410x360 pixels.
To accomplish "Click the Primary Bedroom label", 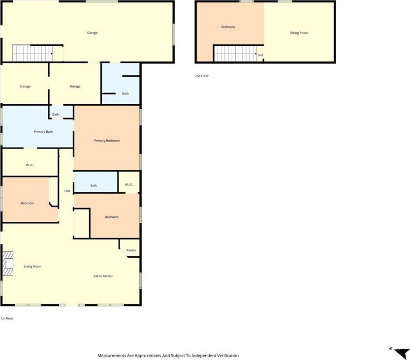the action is coord(107,141).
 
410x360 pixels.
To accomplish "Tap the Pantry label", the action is coord(131,250).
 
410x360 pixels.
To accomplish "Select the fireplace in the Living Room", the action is coord(8,264).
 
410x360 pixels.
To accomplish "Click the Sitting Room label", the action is coord(299,33).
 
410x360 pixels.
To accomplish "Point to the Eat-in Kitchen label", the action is coord(103,276).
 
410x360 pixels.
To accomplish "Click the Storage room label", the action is coord(75,87).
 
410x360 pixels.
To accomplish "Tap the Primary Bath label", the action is coord(43,132).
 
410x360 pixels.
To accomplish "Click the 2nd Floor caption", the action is coord(202,76).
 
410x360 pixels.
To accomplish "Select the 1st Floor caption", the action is coord(7,319).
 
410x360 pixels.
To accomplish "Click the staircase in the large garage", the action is coord(32,53).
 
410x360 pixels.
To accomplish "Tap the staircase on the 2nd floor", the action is coord(235,54).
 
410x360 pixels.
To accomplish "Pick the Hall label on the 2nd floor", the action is coord(260,55).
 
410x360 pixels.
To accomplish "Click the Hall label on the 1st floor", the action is coord(67,191).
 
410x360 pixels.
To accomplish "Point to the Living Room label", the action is coord(32,267).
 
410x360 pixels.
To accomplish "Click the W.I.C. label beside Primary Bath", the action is coord(30,165).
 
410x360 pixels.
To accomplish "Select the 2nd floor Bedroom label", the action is coord(228,27).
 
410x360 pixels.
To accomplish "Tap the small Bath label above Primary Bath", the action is coord(56,115).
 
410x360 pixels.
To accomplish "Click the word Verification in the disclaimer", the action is coord(228,356).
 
